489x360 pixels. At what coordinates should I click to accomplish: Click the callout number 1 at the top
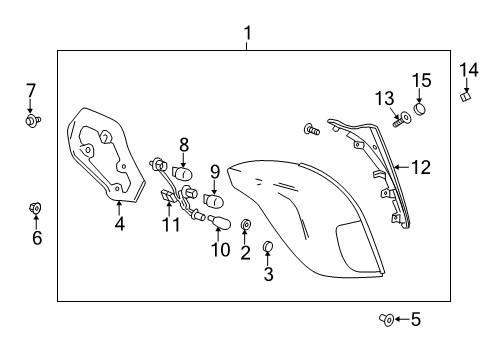tap(248, 36)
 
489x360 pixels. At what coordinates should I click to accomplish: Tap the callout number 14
tap(469, 69)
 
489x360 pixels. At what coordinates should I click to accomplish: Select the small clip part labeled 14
tap(466, 96)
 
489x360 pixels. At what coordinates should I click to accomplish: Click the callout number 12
tap(421, 168)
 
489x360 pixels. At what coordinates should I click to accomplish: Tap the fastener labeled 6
tap(37, 207)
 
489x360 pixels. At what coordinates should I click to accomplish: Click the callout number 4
tap(119, 225)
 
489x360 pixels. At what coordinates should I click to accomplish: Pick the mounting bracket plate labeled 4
tap(101, 158)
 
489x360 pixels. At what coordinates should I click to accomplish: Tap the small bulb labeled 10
tap(212, 219)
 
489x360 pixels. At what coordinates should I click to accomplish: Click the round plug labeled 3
tap(268, 246)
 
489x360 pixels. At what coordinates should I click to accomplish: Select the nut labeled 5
tap(385, 319)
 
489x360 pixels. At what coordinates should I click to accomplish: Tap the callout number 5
tap(416, 320)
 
